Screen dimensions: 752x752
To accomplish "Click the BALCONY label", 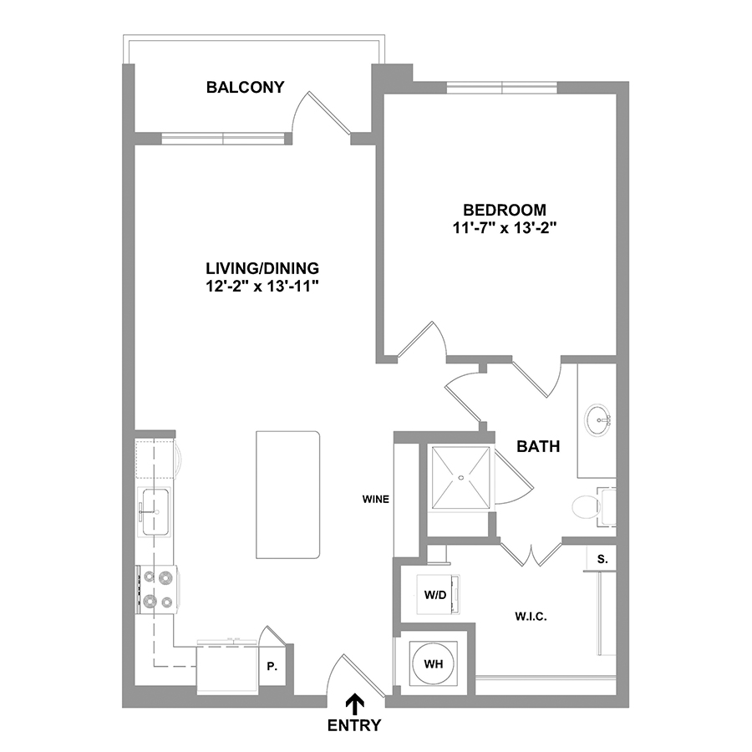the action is click(x=245, y=87).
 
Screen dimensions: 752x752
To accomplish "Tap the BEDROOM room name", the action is click(x=505, y=210).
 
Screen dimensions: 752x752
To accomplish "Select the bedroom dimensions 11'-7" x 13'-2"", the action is click(x=505, y=228).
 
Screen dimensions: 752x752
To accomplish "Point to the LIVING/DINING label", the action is click(x=262, y=267).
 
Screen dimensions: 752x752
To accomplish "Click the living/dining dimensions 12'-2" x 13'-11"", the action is click(x=262, y=287).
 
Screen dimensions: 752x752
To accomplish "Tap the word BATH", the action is click(x=538, y=446).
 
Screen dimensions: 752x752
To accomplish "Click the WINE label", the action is click(x=375, y=500).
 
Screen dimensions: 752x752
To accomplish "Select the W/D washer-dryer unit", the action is click(x=439, y=595).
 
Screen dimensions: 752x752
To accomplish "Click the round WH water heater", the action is click(x=434, y=664).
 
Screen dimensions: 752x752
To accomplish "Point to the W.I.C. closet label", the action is click(x=531, y=617).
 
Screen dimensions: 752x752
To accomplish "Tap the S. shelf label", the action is click(x=602, y=559).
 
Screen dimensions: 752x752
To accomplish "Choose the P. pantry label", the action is click(x=272, y=667).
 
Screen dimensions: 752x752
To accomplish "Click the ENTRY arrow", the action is click(x=355, y=704).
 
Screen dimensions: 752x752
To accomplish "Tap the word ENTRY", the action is click(x=354, y=725).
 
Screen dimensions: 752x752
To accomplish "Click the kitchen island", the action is click(x=287, y=495).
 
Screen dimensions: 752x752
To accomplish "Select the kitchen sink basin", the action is click(x=155, y=511).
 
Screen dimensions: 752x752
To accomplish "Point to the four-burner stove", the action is click(x=158, y=589).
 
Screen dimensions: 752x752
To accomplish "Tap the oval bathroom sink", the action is click(x=597, y=420).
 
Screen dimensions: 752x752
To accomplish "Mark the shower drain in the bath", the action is click(x=461, y=478).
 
